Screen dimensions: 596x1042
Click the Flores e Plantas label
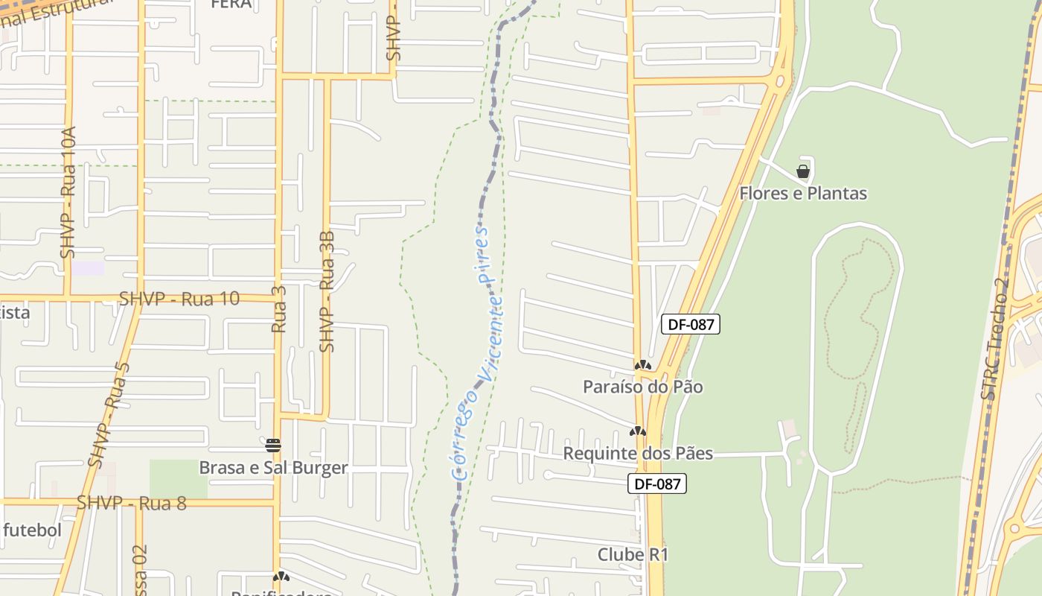(x=803, y=194)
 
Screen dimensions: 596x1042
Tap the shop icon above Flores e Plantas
(x=803, y=171)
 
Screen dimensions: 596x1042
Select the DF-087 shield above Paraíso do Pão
(x=691, y=324)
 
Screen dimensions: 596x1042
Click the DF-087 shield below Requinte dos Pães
(x=656, y=484)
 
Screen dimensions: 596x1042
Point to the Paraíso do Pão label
(x=642, y=387)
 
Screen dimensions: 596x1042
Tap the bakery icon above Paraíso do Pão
(x=642, y=365)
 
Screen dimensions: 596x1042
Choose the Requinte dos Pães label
(x=638, y=453)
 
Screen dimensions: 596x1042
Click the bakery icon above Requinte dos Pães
(x=637, y=431)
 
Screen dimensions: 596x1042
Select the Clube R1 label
(x=633, y=555)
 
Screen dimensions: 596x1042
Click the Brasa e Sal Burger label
(x=273, y=468)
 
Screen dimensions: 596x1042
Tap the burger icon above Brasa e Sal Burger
(x=273, y=446)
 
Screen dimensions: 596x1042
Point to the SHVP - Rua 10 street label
(x=179, y=299)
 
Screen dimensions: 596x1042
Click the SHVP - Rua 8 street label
(x=132, y=503)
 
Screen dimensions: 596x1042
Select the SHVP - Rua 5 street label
(x=109, y=415)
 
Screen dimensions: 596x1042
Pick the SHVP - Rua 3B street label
(x=327, y=291)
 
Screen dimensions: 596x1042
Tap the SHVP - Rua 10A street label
(x=68, y=192)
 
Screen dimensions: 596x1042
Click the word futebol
(x=31, y=531)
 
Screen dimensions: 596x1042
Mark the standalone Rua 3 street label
(x=279, y=308)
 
